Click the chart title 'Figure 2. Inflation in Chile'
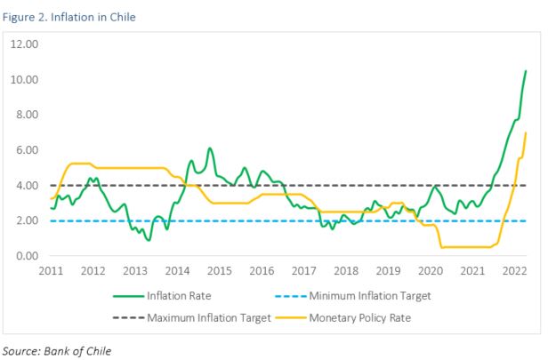69,16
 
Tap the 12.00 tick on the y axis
26,44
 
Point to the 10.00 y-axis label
26,79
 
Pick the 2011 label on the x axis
51,270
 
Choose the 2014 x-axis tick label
177,270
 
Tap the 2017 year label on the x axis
303,270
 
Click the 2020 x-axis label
431,270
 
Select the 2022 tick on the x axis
515,270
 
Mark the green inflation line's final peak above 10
526,71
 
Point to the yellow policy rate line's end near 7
526,133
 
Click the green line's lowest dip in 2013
149,240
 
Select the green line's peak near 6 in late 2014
209,148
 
